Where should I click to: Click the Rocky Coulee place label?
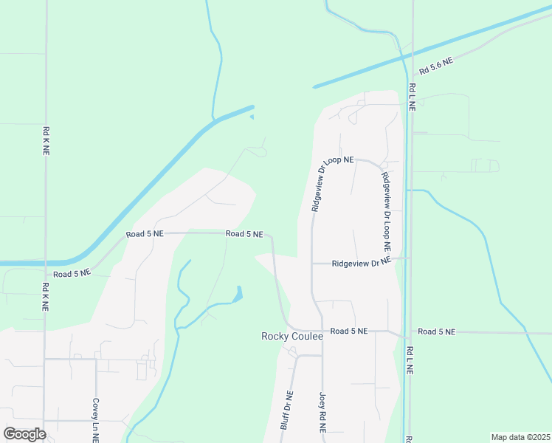(x=292, y=336)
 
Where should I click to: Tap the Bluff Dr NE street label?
(x=288, y=410)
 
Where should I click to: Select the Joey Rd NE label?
(x=323, y=411)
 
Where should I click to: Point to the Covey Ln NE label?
(x=96, y=419)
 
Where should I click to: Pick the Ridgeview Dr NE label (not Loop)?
(x=360, y=262)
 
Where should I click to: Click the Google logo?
(x=24, y=433)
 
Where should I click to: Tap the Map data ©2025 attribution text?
(x=520, y=437)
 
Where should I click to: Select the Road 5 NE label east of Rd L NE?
(x=437, y=332)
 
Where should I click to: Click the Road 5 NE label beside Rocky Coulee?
(x=349, y=332)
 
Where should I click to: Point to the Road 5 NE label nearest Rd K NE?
(x=72, y=273)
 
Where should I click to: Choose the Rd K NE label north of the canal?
(x=46, y=140)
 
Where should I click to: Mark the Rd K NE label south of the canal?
(x=46, y=299)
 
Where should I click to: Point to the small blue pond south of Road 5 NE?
(x=238, y=295)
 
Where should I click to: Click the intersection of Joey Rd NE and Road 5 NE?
(x=322, y=332)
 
